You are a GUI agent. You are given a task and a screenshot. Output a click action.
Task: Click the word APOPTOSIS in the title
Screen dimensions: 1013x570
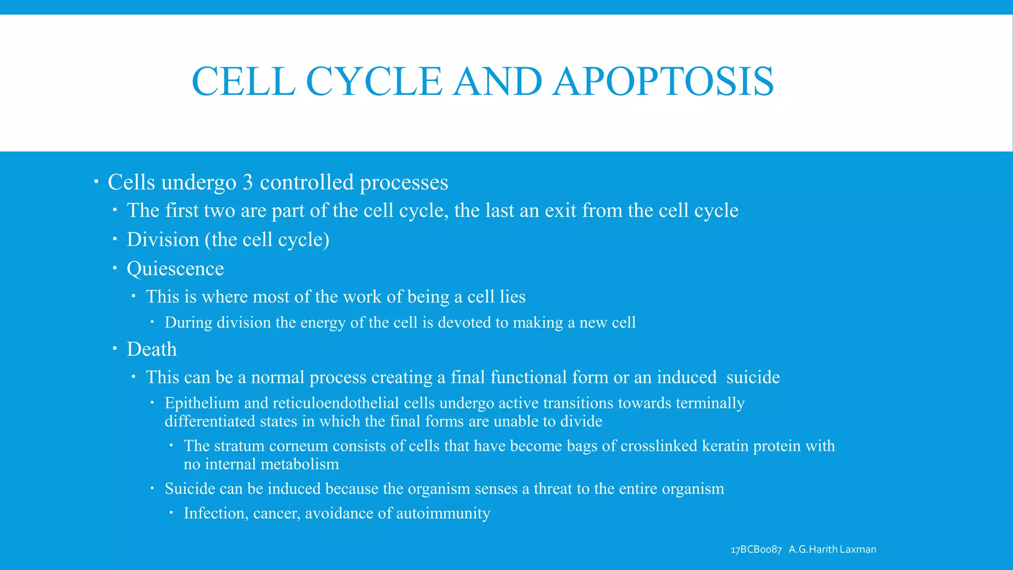(x=663, y=82)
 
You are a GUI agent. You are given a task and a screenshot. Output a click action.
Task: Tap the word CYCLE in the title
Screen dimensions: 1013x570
(x=374, y=82)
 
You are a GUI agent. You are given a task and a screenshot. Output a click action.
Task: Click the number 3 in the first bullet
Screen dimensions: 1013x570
(x=248, y=183)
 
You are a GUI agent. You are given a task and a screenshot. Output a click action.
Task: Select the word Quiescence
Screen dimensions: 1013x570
(x=175, y=269)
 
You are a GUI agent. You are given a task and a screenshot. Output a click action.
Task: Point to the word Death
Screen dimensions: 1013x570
(x=151, y=349)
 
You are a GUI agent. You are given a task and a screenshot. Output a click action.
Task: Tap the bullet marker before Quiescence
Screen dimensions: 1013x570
(x=114, y=268)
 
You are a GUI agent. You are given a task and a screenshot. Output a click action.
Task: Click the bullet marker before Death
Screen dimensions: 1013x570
(x=114, y=348)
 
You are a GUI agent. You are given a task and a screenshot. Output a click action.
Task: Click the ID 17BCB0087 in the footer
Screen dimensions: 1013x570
(x=756, y=550)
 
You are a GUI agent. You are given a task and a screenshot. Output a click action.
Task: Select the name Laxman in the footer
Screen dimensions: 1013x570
(x=858, y=550)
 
